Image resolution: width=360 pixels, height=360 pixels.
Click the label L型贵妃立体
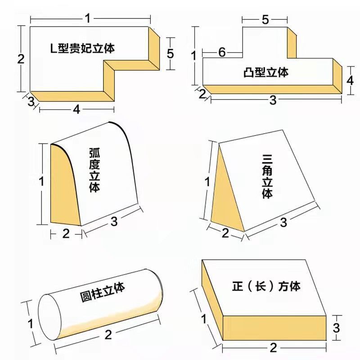tap(82, 49)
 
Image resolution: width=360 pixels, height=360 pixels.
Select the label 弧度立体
tap(94, 172)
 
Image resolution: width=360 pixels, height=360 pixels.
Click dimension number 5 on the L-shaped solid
tap(170, 54)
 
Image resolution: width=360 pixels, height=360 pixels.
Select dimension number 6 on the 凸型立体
tap(222, 52)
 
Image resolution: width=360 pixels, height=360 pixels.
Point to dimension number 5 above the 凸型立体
tap(265, 19)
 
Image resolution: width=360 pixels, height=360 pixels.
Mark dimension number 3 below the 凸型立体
tap(273, 100)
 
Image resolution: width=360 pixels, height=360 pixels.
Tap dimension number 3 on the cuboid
tap(335, 327)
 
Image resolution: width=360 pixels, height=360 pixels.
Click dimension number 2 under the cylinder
tap(108, 334)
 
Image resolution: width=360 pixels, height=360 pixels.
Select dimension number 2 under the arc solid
tap(66, 233)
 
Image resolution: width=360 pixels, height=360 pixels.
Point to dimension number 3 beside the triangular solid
tap(283, 222)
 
